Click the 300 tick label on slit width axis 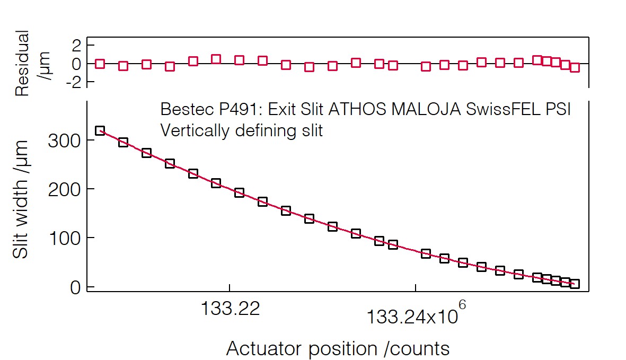point(64,141)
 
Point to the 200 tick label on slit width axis point(64,189)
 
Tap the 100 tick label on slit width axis point(65,238)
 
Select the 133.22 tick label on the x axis point(231,309)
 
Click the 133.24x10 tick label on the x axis point(412,317)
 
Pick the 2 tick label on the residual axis point(76,46)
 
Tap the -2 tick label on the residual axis point(73,82)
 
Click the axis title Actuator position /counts point(338,348)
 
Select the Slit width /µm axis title point(20,199)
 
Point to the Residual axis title point(22,63)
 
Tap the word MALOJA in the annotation point(426,109)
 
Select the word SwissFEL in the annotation point(503,109)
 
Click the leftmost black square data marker point(100,131)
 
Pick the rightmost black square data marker point(575,284)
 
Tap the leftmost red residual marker point(100,64)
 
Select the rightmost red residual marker point(575,67)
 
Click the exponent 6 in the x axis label point(462,305)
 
